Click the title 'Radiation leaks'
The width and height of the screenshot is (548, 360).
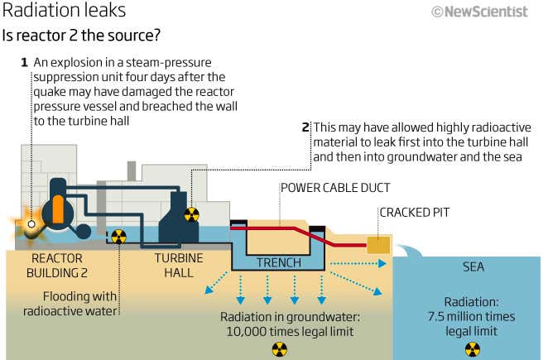(65, 12)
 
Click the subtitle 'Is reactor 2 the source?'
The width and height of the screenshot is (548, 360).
(80, 36)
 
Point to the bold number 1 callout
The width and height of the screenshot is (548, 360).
(24, 62)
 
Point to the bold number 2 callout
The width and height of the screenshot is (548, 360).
(305, 127)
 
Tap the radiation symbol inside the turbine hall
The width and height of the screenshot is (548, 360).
(191, 215)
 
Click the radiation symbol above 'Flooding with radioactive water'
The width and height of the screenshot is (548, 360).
(118, 237)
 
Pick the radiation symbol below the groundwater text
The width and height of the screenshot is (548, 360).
(278, 348)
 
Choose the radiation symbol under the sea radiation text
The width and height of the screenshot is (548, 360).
(471, 348)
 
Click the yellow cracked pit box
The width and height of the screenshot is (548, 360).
(380, 245)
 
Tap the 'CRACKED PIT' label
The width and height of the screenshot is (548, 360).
(414, 213)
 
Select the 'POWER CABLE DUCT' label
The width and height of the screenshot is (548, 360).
(334, 188)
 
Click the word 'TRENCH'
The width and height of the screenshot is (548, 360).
(278, 263)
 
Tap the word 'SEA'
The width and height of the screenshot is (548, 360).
(473, 267)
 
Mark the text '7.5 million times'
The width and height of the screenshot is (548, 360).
(471, 316)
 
